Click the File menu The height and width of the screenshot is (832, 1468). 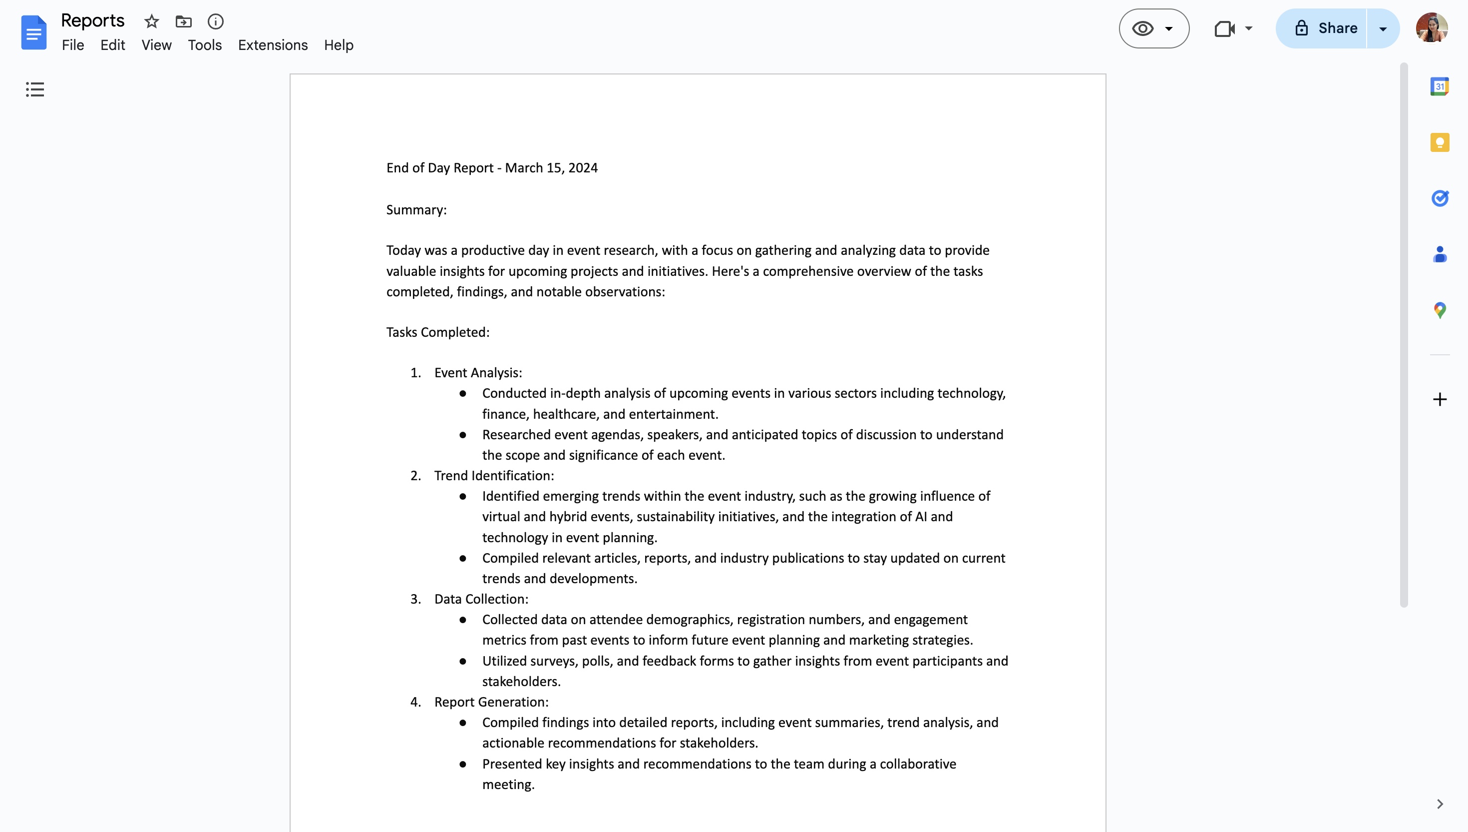click(72, 45)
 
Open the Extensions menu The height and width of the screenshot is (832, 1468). click(272, 45)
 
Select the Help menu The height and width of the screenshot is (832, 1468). click(339, 45)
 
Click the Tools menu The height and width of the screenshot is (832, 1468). click(204, 45)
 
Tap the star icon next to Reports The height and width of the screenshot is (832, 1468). click(151, 21)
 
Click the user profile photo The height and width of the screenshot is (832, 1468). click(1431, 28)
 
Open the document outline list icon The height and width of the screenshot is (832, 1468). click(35, 89)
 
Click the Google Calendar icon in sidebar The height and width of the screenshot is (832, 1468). click(1440, 87)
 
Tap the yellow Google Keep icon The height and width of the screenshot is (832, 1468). click(1440, 142)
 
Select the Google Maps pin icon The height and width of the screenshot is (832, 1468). click(1440, 310)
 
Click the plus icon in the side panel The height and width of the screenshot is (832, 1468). click(1440, 399)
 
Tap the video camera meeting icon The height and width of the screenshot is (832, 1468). click(1225, 28)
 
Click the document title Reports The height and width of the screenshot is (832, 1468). click(92, 20)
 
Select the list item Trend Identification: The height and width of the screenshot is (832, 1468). click(494, 475)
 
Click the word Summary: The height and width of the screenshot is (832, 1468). click(416, 210)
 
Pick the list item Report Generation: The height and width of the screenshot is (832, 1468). click(491, 702)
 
